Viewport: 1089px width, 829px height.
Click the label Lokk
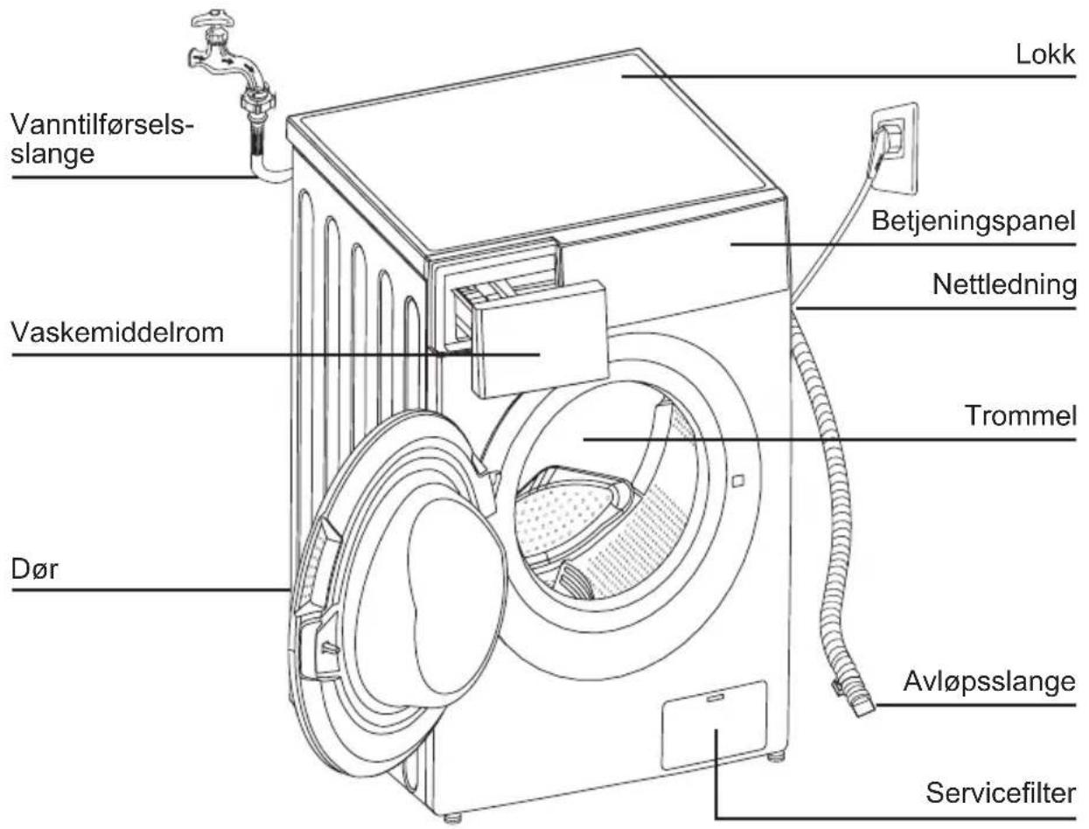(x=1045, y=54)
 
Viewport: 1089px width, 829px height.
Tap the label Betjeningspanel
(x=974, y=221)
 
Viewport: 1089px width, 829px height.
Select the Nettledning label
(x=1004, y=284)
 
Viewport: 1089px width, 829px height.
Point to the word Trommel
(x=1020, y=415)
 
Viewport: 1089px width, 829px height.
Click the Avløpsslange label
(x=989, y=681)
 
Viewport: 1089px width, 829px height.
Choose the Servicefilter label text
(x=1001, y=793)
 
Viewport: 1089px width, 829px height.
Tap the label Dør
(x=34, y=568)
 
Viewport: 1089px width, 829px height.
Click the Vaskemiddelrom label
(x=117, y=332)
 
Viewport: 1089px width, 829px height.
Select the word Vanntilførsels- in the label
(x=101, y=124)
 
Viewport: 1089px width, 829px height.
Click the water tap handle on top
(x=213, y=20)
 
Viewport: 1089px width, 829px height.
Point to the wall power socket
(x=893, y=149)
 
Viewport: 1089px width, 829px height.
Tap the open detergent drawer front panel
(x=540, y=338)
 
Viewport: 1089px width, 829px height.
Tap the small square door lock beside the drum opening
(x=737, y=480)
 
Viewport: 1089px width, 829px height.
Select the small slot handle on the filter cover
(x=715, y=698)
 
